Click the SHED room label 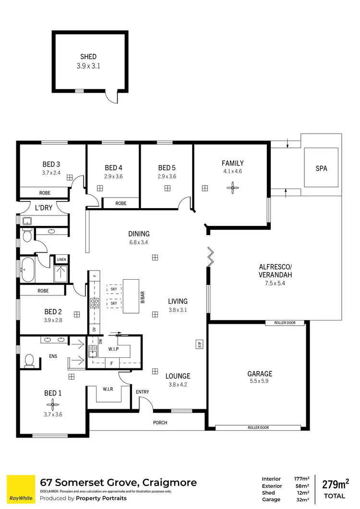[x=88, y=57]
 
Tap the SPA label [x=321, y=168]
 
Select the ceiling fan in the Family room [x=233, y=188]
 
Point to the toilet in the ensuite [x=29, y=360]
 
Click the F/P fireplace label [x=198, y=344]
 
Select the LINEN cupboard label [x=61, y=260]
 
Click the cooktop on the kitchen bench [x=95, y=303]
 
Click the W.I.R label [x=108, y=389]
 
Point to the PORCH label [x=160, y=423]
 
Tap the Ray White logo [x=21, y=489]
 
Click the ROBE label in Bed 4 [x=121, y=203]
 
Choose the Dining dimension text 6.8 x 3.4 [x=139, y=242]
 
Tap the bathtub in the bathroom [x=27, y=271]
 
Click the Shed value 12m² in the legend [x=302, y=493]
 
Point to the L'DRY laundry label [x=44, y=208]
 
